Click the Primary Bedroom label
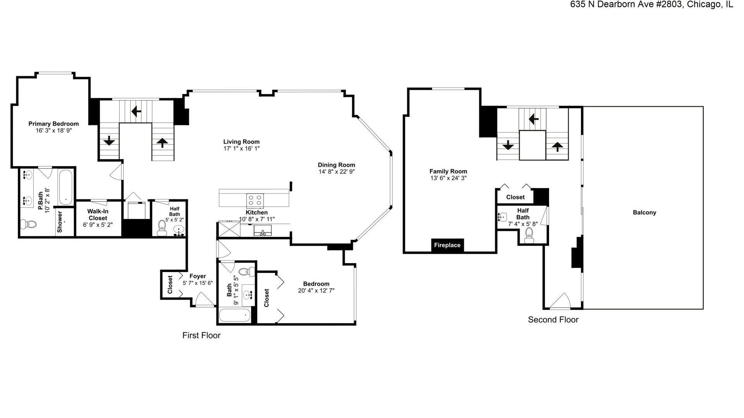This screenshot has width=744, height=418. point(53,124)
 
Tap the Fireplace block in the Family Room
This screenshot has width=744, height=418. point(447,245)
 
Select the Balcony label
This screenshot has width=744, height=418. point(644,212)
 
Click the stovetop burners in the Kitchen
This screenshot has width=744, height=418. point(255,200)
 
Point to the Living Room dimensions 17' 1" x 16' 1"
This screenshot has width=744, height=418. point(241,149)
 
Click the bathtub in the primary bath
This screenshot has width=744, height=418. point(65,187)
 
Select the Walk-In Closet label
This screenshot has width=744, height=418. point(98,215)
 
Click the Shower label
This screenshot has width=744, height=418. point(60,222)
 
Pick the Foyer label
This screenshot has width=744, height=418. point(198,276)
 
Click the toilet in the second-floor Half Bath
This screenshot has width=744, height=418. point(529,235)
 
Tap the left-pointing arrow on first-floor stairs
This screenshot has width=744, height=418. point(136,112)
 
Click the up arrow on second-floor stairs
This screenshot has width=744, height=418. point(557,147)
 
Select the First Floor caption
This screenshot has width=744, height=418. point(201,336)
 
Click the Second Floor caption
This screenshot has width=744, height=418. point(553,320)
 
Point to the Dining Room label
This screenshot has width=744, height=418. point(336,165)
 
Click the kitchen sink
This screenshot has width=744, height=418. point(263,231)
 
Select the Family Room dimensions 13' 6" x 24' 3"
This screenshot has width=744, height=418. point(448,178)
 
